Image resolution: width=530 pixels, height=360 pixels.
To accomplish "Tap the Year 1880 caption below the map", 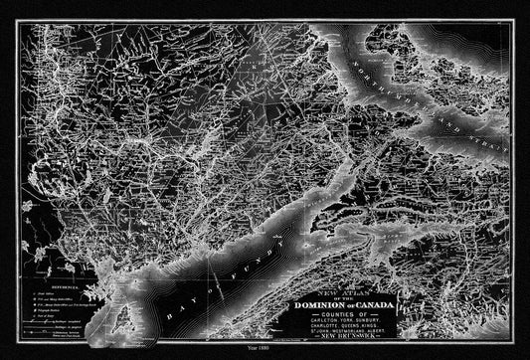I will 265,350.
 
